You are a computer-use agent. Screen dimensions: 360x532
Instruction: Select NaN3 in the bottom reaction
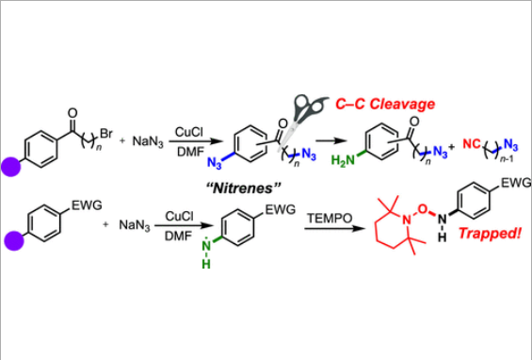point(136,226)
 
